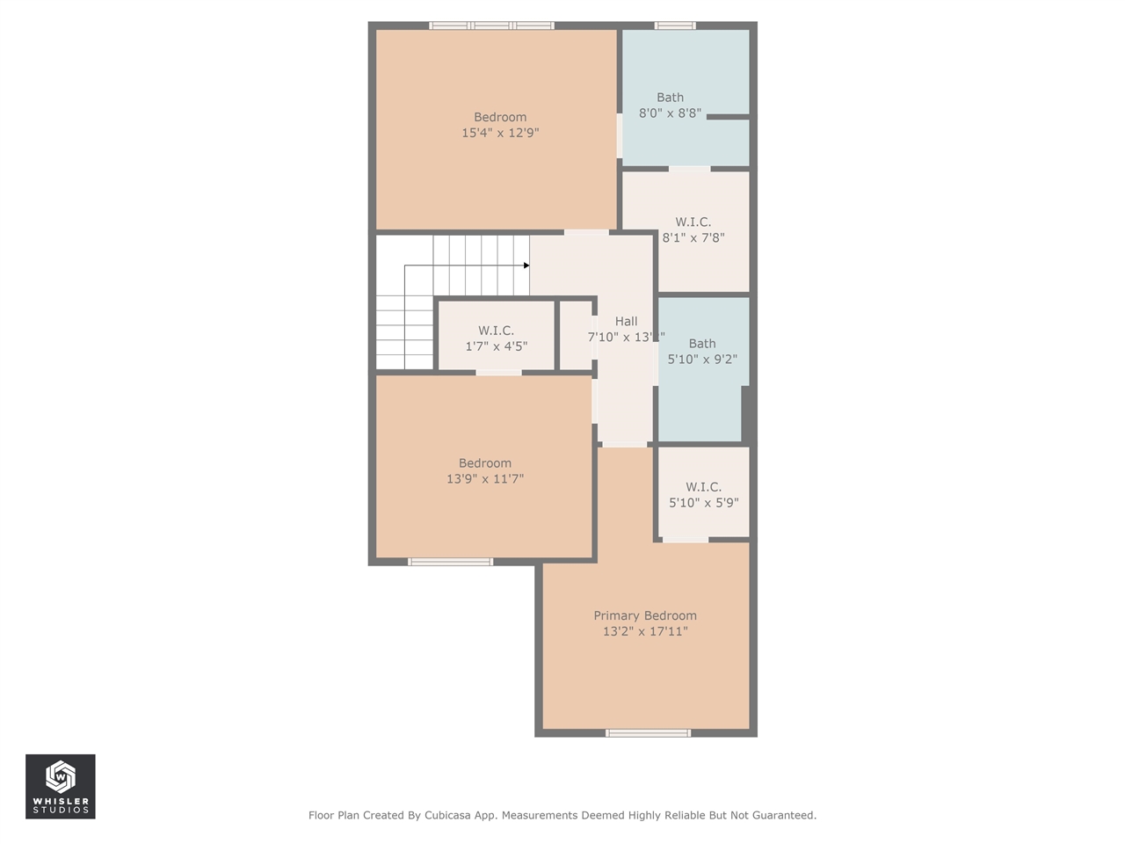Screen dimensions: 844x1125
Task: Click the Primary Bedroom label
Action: point(644,615)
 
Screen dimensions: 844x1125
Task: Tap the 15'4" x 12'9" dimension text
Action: point(500,133)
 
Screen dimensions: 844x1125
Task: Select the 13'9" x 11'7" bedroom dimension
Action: point(485,479)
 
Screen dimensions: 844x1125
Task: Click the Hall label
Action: point(626,321)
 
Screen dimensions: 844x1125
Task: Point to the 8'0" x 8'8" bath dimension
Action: point(670,113)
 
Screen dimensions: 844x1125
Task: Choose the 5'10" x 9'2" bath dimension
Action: point(702,359)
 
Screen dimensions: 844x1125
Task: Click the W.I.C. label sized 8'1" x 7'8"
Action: point(693,222)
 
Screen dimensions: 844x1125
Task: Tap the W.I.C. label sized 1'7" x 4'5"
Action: point(496,331)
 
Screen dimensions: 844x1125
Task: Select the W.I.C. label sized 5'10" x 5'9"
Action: point(703,486)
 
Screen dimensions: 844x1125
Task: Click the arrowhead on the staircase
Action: point(526,265)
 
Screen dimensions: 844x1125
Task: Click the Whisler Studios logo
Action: point(61,786)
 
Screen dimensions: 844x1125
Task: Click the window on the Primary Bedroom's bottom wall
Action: point(649,732)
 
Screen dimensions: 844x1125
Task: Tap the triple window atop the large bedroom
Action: point(491,25)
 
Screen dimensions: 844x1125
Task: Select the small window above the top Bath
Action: point(675,25)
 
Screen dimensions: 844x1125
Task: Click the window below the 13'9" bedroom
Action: point(451,561)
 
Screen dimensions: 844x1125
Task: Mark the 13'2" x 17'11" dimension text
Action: point(644,631)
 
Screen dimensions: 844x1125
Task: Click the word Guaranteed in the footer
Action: point(783,815)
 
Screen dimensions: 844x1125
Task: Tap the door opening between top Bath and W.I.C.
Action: point(689,168)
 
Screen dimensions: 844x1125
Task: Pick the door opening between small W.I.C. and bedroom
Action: point(498,373)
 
